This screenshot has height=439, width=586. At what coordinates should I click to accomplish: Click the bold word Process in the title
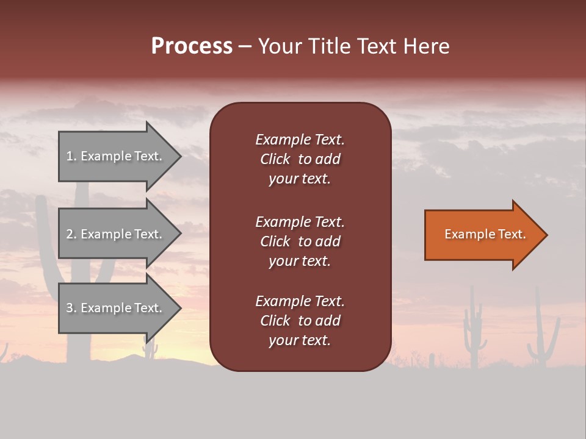coord(192,46)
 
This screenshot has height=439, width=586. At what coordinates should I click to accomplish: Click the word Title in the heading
coord(330,46)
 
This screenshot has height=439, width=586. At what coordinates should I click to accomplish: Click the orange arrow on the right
coord(482,235)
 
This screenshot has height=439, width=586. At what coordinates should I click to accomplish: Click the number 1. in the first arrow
coord(71,156)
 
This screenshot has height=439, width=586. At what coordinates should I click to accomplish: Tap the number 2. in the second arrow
coord(71,234)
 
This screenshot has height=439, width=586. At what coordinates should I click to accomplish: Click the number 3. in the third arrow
coord(71,308)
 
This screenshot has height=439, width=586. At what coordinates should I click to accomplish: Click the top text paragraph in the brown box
coord(300,159)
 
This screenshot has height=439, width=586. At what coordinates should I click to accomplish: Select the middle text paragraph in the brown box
coord(300,241)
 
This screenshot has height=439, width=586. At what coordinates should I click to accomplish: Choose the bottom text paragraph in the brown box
coord(300,321)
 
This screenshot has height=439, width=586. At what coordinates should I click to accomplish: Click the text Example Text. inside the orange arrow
coord(485,234)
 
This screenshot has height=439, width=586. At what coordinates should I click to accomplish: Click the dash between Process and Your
coord(245,47)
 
